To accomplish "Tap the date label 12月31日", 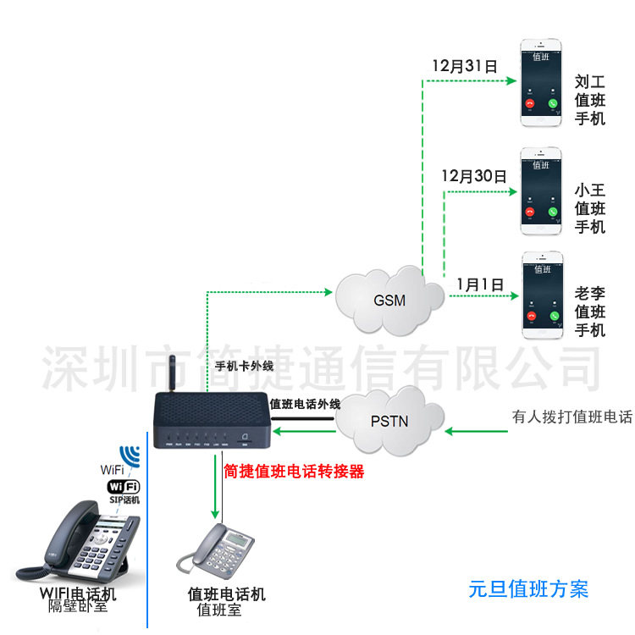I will [464, 64].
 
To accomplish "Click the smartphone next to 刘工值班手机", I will [541, 81].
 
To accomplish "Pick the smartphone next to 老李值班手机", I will [541, 295].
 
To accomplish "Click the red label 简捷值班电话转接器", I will [294, 472].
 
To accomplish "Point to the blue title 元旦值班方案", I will [528, 588].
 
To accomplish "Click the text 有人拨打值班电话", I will [571, 417].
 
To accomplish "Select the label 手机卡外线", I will [246, 367].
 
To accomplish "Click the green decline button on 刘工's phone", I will [553, 104].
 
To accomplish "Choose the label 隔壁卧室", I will [78, 606].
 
